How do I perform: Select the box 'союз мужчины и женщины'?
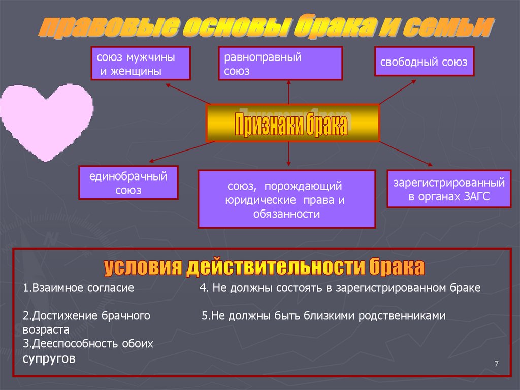pos(141,64)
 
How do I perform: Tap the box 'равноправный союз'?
pos(280,64)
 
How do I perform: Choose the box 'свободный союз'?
pos(424,62)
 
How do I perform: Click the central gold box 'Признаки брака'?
pos(292,123)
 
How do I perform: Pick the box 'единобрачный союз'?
pos(128,183)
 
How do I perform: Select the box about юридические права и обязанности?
pos(286,199)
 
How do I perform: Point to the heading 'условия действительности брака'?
pos(264,267)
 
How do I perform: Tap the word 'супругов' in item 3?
pos(49,358)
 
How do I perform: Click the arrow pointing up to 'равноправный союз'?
pos(288,92)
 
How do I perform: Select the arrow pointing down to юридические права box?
pos(288,154)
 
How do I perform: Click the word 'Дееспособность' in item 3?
pos(68,344)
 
